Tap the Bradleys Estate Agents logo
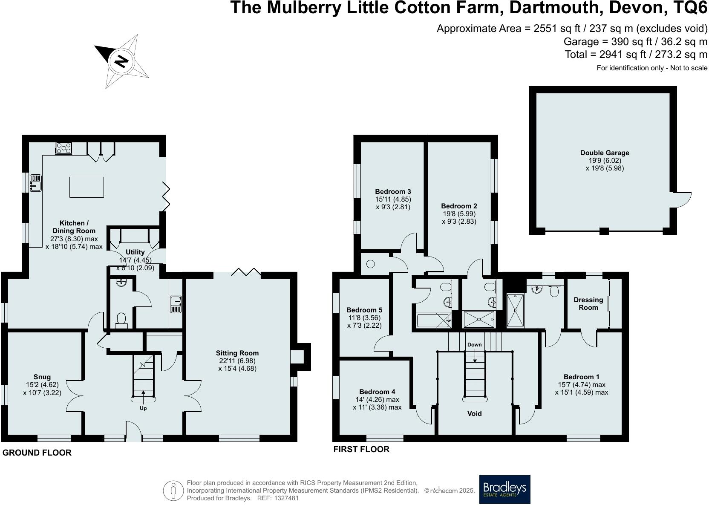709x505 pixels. (x=504, y=489)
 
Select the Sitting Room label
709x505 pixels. (x=237, y=353)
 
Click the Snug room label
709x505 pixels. (x=42, y=377)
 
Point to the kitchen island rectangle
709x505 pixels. (x=86, y=187)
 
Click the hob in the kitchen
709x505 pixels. (x=63, y=148)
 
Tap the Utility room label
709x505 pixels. (x=135, y=252)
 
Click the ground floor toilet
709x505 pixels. (x=121, y=320)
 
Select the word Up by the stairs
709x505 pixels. (x=143, y=408)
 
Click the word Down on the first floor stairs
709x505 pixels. (x=474, y=345)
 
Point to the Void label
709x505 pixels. (x=474, y=413)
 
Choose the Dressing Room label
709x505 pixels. (x=588, y=303)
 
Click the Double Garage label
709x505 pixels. (x=604, y=153)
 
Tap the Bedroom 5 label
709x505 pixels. (x=364, y=310)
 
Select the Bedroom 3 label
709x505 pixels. (x=393, y=191)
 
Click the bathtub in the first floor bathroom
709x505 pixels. (x=433, y=320)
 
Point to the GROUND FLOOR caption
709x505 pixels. (x=37, y=453)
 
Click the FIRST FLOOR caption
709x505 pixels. (x=361, y=449)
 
